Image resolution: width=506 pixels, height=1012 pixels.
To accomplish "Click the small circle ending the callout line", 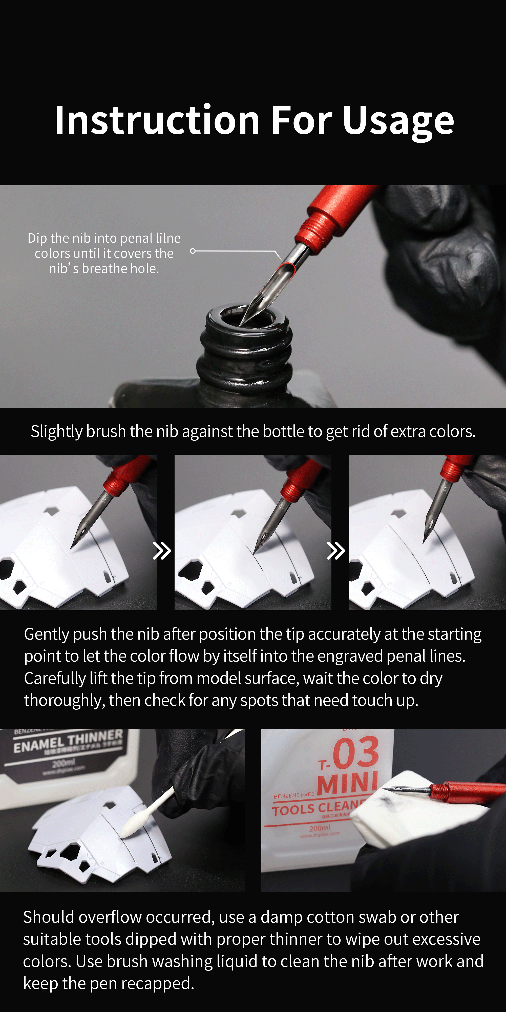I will [x=193, y=251].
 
